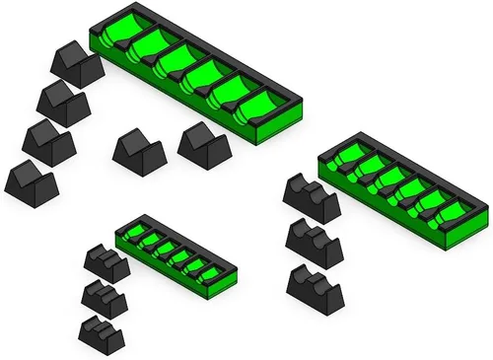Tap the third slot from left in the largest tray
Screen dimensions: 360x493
178,61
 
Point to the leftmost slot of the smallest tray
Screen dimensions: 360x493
139,237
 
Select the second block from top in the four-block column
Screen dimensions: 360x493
63,101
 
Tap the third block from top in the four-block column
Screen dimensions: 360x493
48,142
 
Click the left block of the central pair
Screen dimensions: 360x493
138,153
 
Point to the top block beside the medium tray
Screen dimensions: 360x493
310,195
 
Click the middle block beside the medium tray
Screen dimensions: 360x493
314,241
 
